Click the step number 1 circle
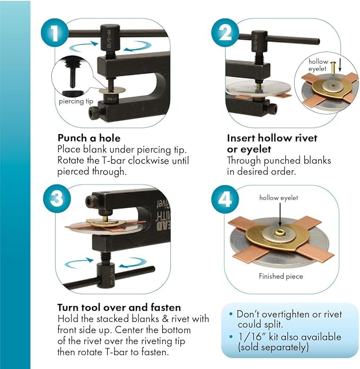(55, 33)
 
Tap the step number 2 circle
(225, 33)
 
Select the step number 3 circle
(57, 199)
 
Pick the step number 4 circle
(225, 199)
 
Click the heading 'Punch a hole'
(89, 138)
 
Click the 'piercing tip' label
(76, 101)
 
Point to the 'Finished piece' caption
(280, 276)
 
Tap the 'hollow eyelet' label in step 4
(278, 198)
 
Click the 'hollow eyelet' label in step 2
(318, 65)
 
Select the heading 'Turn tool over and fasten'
(119, 307)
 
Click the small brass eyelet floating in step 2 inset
(333, 68)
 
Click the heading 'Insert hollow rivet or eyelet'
(272, 144)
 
